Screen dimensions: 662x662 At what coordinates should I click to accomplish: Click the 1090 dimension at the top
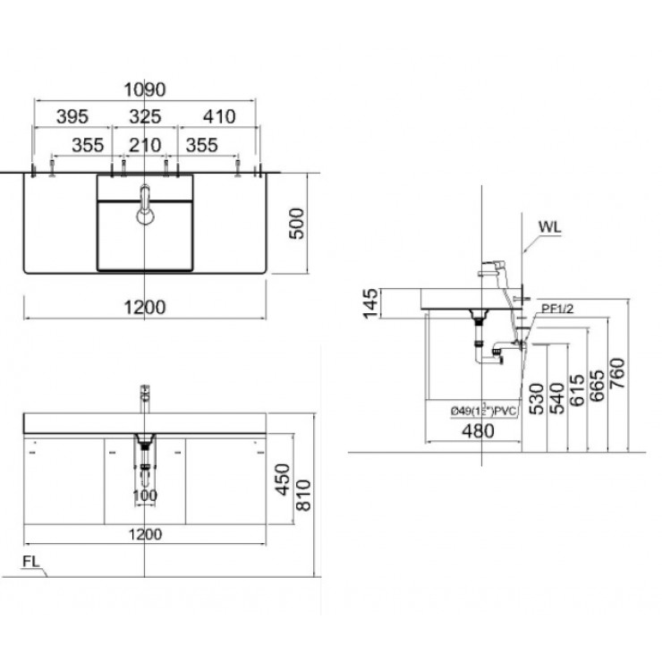(145, 89)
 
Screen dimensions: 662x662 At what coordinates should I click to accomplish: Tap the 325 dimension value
(145, 116)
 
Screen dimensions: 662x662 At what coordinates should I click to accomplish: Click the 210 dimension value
(145, 143)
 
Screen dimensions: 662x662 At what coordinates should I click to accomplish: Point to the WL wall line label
(548, 228)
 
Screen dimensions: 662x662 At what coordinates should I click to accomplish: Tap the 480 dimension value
(474, 431)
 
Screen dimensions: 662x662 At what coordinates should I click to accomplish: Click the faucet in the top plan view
(144, 203)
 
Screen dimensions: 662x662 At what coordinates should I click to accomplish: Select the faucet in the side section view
(489, 269)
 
